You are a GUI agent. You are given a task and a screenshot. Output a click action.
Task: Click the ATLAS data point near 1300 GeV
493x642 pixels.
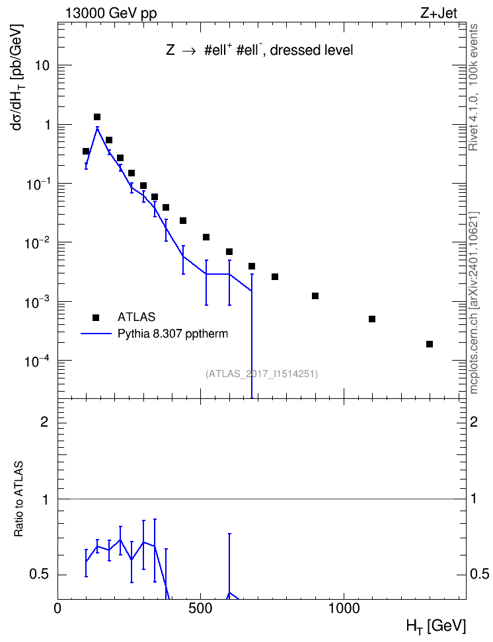click(x=430, y=344)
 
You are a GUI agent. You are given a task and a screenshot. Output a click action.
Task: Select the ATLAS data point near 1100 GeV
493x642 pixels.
click(x=372, y=319)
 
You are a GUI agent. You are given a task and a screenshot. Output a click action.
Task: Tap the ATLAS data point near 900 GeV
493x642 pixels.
click(x=315, y=296)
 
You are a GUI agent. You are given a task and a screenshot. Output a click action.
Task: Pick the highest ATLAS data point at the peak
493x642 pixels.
click(x=97, y=117)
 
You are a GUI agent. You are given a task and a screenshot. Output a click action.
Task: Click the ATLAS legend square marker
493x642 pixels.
click(x=96, y=317)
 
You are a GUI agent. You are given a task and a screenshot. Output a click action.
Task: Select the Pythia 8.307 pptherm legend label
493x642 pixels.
click(x=172, y=334)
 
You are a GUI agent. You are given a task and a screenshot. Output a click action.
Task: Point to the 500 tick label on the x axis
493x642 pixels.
click(x=200, y=608)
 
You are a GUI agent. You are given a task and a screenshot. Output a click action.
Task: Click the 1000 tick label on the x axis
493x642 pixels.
click(x=344, y=608)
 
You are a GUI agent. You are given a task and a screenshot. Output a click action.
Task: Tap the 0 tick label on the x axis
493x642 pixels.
click(x=57, y=608)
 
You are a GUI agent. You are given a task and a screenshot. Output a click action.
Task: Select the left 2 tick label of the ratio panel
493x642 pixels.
click(x=44, y=421)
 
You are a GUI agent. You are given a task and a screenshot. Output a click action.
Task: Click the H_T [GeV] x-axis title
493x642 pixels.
click(x=436, y=626)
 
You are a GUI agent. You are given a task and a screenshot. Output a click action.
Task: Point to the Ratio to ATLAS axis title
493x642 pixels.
click(x=19, y=499)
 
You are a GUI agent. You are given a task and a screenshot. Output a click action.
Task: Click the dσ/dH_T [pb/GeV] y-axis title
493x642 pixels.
click(x=17, y=77)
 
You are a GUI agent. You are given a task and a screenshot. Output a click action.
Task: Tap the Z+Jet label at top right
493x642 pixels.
click(x=439, y=13)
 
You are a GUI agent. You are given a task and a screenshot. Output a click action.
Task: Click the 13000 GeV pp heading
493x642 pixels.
click(x=111, y=14)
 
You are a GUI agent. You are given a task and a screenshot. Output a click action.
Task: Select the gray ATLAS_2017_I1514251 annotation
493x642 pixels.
click(x=262, y=374)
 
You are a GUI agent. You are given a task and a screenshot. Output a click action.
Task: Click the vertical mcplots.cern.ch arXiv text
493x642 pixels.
click(x=474, y=303)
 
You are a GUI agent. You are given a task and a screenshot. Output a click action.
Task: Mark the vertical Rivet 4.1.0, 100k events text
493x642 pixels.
click(x=473, y=88)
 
